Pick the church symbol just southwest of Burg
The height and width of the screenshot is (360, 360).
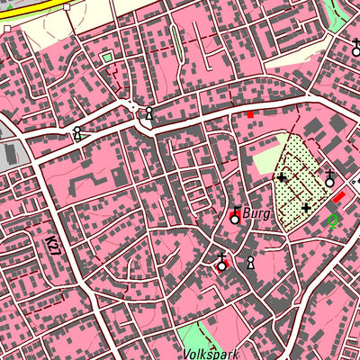click(222, 264)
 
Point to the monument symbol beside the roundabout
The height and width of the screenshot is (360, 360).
click(149, 113)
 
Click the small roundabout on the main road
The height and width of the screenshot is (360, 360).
click(134, 107)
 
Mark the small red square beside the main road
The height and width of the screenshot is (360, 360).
click(250, 113)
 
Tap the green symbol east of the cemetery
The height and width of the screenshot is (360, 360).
click(333, 219)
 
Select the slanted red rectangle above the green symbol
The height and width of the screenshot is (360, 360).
click(339, 197)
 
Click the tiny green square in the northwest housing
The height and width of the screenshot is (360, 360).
click(107, 58)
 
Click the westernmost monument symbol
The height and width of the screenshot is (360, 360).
click(78, 134)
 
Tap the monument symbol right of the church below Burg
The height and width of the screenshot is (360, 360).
click(250, 263)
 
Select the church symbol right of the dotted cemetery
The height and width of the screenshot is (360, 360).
click(330, 179)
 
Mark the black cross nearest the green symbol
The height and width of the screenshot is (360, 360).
click(306, 209)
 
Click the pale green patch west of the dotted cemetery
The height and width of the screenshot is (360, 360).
click(266, 159)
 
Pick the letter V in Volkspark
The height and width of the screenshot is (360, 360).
click(183, 354)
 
